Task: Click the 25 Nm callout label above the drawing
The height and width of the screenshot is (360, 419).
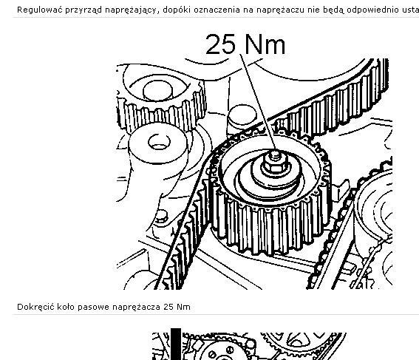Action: [x=245, y=44]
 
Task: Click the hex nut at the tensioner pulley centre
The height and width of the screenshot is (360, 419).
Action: [x=275, y=163]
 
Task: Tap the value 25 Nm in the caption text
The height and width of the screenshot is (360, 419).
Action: [x=177, y=307]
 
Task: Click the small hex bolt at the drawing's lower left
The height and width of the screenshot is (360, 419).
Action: [x=161, y=217]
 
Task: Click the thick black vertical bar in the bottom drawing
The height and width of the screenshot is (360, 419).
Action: [x=176, y=344]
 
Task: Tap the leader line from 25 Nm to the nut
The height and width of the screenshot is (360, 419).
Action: [x=258, y=103]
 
